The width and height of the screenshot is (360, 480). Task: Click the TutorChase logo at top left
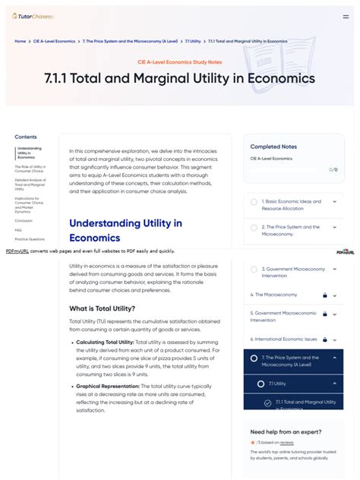pos(27,16)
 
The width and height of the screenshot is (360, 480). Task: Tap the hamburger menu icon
pos(346,16)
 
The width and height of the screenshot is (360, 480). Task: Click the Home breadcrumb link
pos(21,41)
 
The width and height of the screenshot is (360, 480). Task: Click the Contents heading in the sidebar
pos(26,137)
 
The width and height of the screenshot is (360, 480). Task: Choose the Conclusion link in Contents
pos(24,220)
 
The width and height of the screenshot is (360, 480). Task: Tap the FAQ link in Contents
pos(18,229)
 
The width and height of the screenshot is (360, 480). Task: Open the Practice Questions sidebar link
pos(30,239)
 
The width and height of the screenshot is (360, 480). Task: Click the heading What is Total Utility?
pos(103,308)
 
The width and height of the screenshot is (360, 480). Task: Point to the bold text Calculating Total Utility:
pos(105,343)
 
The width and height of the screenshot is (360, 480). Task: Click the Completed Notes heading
pos(273,147)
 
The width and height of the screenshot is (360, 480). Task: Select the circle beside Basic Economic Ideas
pos(254,202)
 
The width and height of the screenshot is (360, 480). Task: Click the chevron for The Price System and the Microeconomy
pos(334,227)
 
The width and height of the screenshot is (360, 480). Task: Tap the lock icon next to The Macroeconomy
pos(324,295)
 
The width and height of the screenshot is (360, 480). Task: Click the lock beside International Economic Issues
pos(324,339)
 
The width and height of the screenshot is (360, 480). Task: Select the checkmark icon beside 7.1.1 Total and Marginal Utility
pos(268,403)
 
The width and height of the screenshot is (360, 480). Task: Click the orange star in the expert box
pos(253,442)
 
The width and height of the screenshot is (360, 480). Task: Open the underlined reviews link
pos(286,442)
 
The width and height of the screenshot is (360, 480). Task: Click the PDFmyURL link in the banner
pos(17,251)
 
